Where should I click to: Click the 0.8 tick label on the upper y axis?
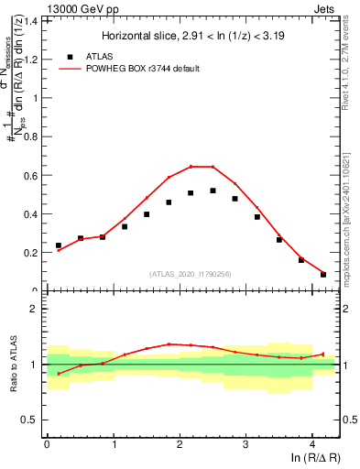[x=32, y=137]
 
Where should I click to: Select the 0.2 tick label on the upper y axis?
[x=32, y=253]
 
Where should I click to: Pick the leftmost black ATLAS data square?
[x=59, y=245]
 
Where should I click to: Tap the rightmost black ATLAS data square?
[x=322, y=274]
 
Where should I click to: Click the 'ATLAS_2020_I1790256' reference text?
[x=191, y=274]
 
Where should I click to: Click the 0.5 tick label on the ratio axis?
[x=33, y=420]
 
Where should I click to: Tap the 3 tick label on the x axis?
[x=245, y=444]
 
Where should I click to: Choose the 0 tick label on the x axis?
[x=47, y=444]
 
